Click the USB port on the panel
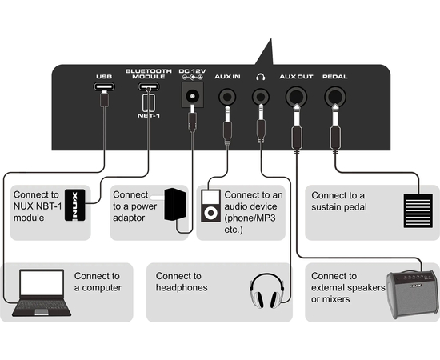104,86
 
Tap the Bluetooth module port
149,86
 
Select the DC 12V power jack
192,95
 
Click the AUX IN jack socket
227,97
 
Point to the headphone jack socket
261,97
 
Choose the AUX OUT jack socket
296,97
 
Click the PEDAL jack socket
335,97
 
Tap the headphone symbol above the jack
261,77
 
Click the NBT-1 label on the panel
149,116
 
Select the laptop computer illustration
42,293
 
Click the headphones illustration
267,291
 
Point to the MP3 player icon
210,206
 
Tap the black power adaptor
175,204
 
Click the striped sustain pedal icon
418,210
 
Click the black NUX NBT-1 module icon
75,205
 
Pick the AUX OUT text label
296,77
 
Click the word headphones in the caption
182,288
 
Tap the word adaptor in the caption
129,218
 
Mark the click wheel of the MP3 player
210,213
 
